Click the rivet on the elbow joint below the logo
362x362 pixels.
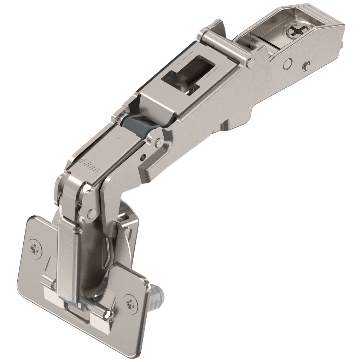pos(92,213)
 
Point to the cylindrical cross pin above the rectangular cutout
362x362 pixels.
pos(226,49)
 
